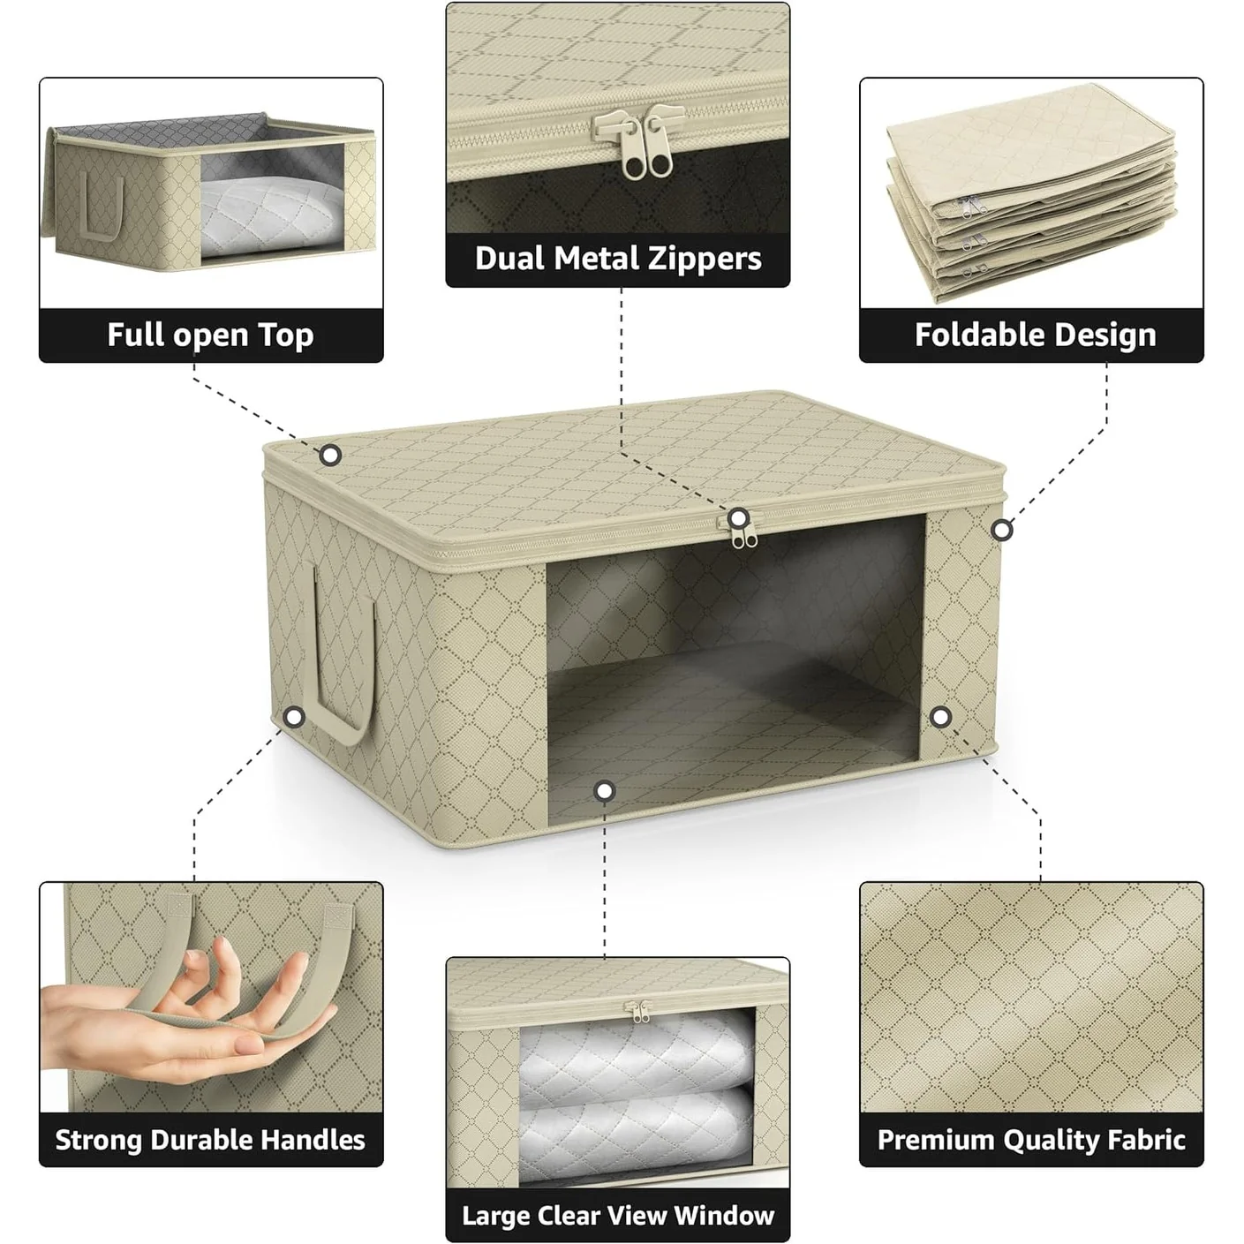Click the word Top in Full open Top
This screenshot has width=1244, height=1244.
[286, 336]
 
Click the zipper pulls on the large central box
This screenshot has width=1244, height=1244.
[743, 535]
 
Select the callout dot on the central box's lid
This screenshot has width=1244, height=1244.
[330, 456]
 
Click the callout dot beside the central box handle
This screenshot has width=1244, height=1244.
[294, 717]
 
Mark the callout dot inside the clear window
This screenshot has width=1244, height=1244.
[604, 791]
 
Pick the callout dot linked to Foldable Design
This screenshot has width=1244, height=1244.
[1001, 531]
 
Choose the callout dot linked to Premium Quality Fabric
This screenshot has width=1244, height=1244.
[940, 717]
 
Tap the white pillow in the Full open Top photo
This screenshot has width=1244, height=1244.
[271, 216]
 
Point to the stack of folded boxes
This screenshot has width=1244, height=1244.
[1031, 193]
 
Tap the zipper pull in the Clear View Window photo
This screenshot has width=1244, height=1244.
[638, 1011]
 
